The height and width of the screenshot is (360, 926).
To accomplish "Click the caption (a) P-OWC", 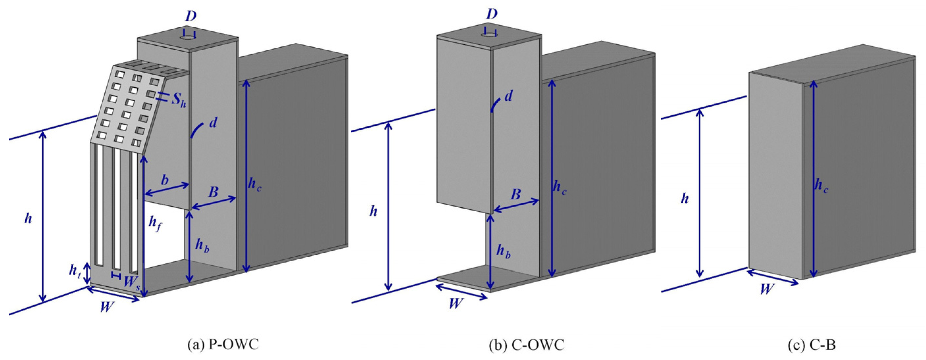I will pyautogui.click(x=223, y=345).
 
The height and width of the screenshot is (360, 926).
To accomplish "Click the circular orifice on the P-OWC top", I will pyautogui.click(x=187, y=38).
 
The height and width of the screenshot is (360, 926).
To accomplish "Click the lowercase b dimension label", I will pyautogui.click(x=164, y=180).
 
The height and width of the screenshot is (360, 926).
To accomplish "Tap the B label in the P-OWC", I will pyautogui.click(x=213, y=192).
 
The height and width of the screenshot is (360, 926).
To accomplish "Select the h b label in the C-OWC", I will pyautogui.click(x=503, y=251).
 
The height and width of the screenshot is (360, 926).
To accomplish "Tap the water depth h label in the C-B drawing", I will pyautogui.click(x=684, y=198).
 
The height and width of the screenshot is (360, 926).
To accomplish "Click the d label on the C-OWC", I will pyautogui.click(x=508, y=96).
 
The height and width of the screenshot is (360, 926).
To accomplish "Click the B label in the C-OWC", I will pyautogui.click(x=516, y=194).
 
